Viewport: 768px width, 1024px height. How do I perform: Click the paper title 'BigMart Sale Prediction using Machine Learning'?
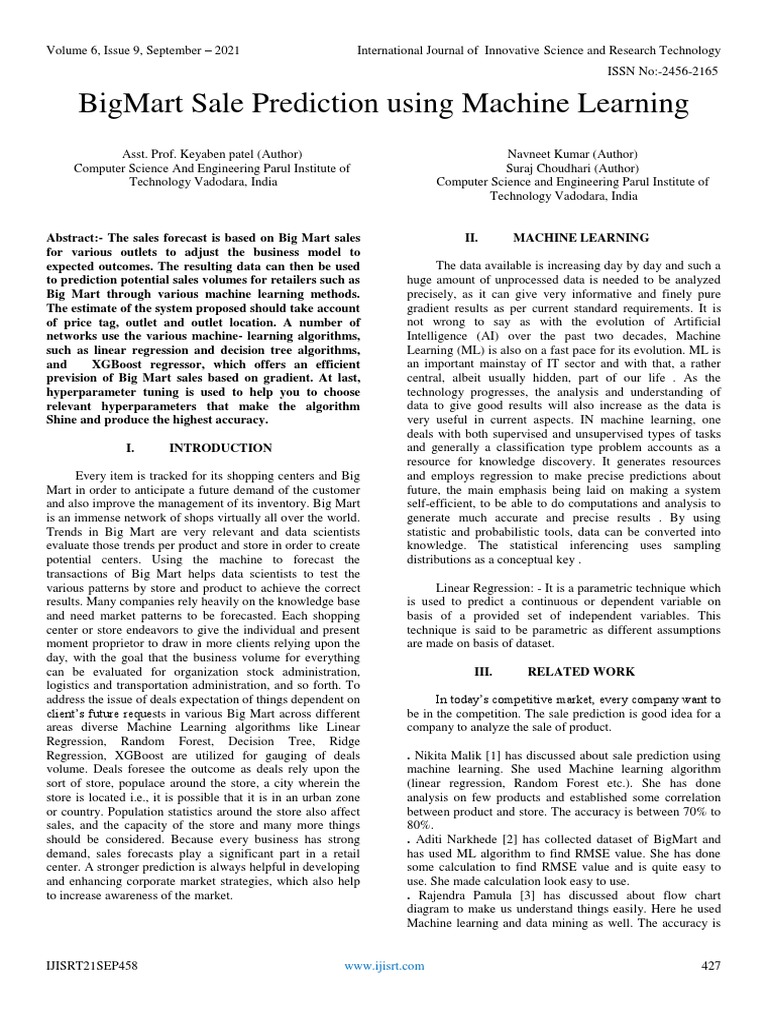[383, 103]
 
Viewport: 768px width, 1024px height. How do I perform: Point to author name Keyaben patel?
[208, 155]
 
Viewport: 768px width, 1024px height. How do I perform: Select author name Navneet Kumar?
[547, 155]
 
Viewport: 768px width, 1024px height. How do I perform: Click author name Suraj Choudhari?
[543, 169]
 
